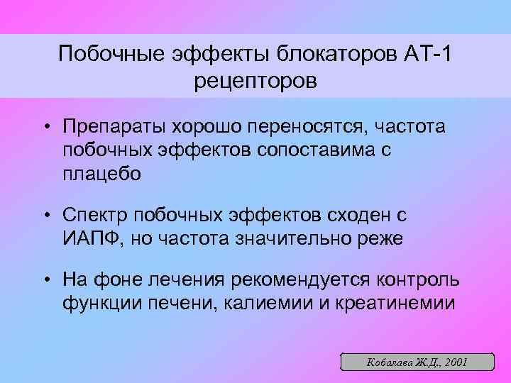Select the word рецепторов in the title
click(x=255, y=82)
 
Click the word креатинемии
click(x=395, y=303)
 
